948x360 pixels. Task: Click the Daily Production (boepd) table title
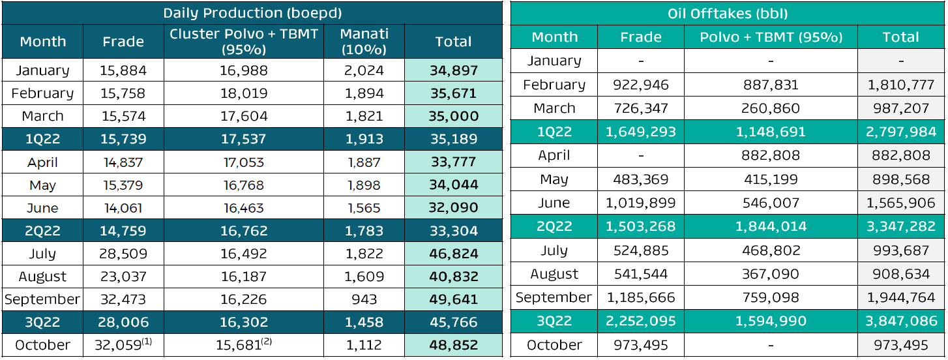(x=252, y=12)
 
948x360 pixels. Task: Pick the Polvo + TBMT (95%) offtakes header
(x=771, y=37)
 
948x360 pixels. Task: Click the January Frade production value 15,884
(x=123, y=70)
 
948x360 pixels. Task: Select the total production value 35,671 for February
(x=454, y=93)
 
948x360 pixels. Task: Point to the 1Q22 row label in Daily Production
(x=42, y=139)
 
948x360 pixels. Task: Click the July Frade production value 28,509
(x=123, y=254)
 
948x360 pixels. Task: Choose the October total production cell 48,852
(x=454, y=345)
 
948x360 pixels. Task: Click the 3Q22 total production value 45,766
(x=454, y=322)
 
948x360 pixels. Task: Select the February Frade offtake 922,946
(x=641, y=85)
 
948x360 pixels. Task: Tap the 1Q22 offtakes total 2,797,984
(x=901, y=132)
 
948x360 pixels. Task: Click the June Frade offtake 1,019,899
(x=641, y=203)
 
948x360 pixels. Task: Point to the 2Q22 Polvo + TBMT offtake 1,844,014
(x=771, y=226)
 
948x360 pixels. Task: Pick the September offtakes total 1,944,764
(x=901, y=297)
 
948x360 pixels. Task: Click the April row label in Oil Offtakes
(x=554, y=156)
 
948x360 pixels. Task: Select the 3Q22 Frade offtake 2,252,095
(x=641, y=321)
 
